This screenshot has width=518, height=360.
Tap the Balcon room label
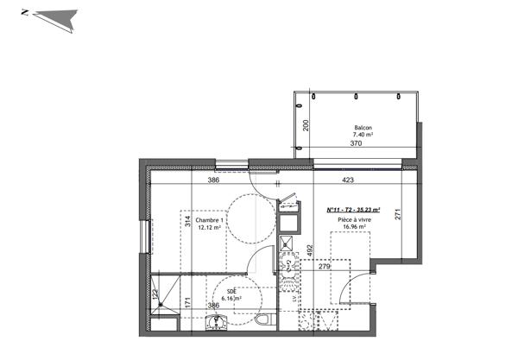[363, 128]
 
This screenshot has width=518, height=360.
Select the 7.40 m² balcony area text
[363, 136]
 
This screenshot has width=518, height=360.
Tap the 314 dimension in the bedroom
[186, 221]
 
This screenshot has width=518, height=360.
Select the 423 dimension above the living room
[348, 181]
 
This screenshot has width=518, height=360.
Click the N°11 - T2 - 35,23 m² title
[354, 210]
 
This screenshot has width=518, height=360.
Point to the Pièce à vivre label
[354, 220]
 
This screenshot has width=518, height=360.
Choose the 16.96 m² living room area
[354, 228]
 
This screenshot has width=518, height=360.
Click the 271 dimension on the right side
[399, 217]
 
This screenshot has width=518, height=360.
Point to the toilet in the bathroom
[262, 319]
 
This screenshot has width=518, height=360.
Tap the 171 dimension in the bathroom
[186, 303]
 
